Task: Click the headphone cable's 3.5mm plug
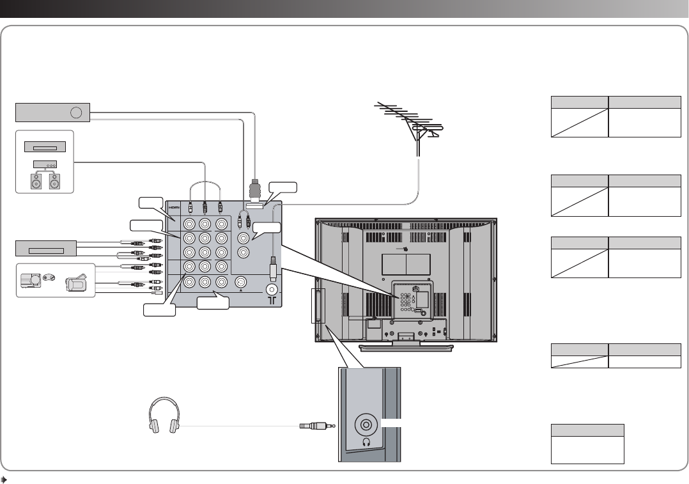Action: tap(316, 425)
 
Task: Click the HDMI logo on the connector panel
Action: tap(173, 208)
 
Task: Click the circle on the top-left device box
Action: tap(76, 113)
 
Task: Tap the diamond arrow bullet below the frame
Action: tap(4, 479)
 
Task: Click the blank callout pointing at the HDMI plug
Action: tap(283, 187)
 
